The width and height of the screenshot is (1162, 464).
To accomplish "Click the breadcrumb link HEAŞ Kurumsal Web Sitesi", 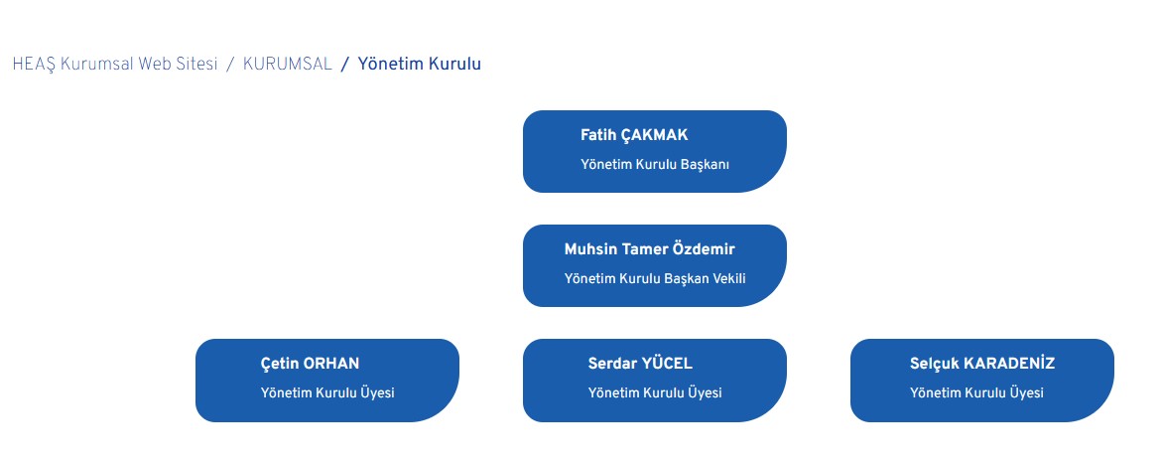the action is point(115,64).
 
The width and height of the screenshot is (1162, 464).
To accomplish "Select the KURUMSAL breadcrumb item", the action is point(288,64).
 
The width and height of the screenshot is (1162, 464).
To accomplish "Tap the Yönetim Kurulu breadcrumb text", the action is point(420,64).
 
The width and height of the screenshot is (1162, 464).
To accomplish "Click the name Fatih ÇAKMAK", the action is point(634,135).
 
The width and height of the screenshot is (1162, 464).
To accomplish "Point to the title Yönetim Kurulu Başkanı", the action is point(655,164).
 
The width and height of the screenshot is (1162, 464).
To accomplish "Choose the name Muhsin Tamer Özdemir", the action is point(650,249).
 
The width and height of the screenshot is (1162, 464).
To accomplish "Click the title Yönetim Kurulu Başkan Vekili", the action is point(655,278).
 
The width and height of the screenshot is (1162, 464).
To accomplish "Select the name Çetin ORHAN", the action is point(310,364).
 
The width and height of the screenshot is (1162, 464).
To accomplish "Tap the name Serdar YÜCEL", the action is point(640,363).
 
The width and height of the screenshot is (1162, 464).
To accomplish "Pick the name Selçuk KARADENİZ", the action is point(982,364).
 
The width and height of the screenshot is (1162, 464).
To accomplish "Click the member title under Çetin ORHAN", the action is point(327,392).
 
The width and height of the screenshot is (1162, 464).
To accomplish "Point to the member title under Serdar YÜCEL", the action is point(655,392).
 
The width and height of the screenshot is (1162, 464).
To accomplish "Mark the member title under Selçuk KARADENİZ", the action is point(976,392).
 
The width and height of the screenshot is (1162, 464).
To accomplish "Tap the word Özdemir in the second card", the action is point(704,249).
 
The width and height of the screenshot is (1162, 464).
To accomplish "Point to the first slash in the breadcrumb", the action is point(230,64).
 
